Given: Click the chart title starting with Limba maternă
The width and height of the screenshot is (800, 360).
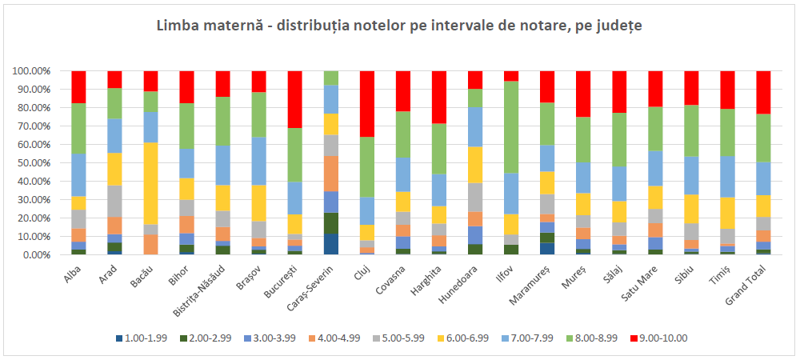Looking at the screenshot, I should pos(399,26).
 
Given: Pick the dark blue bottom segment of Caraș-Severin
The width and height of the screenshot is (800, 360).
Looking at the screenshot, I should pos(331,244).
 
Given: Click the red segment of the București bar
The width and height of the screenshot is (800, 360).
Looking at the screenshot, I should pos(295,99).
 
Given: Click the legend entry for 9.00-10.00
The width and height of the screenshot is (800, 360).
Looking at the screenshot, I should pos(660,338).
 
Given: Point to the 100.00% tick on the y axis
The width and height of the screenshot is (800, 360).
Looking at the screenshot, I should pos(33,70).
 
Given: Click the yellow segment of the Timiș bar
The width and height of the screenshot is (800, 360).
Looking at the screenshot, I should pos(727,213).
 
